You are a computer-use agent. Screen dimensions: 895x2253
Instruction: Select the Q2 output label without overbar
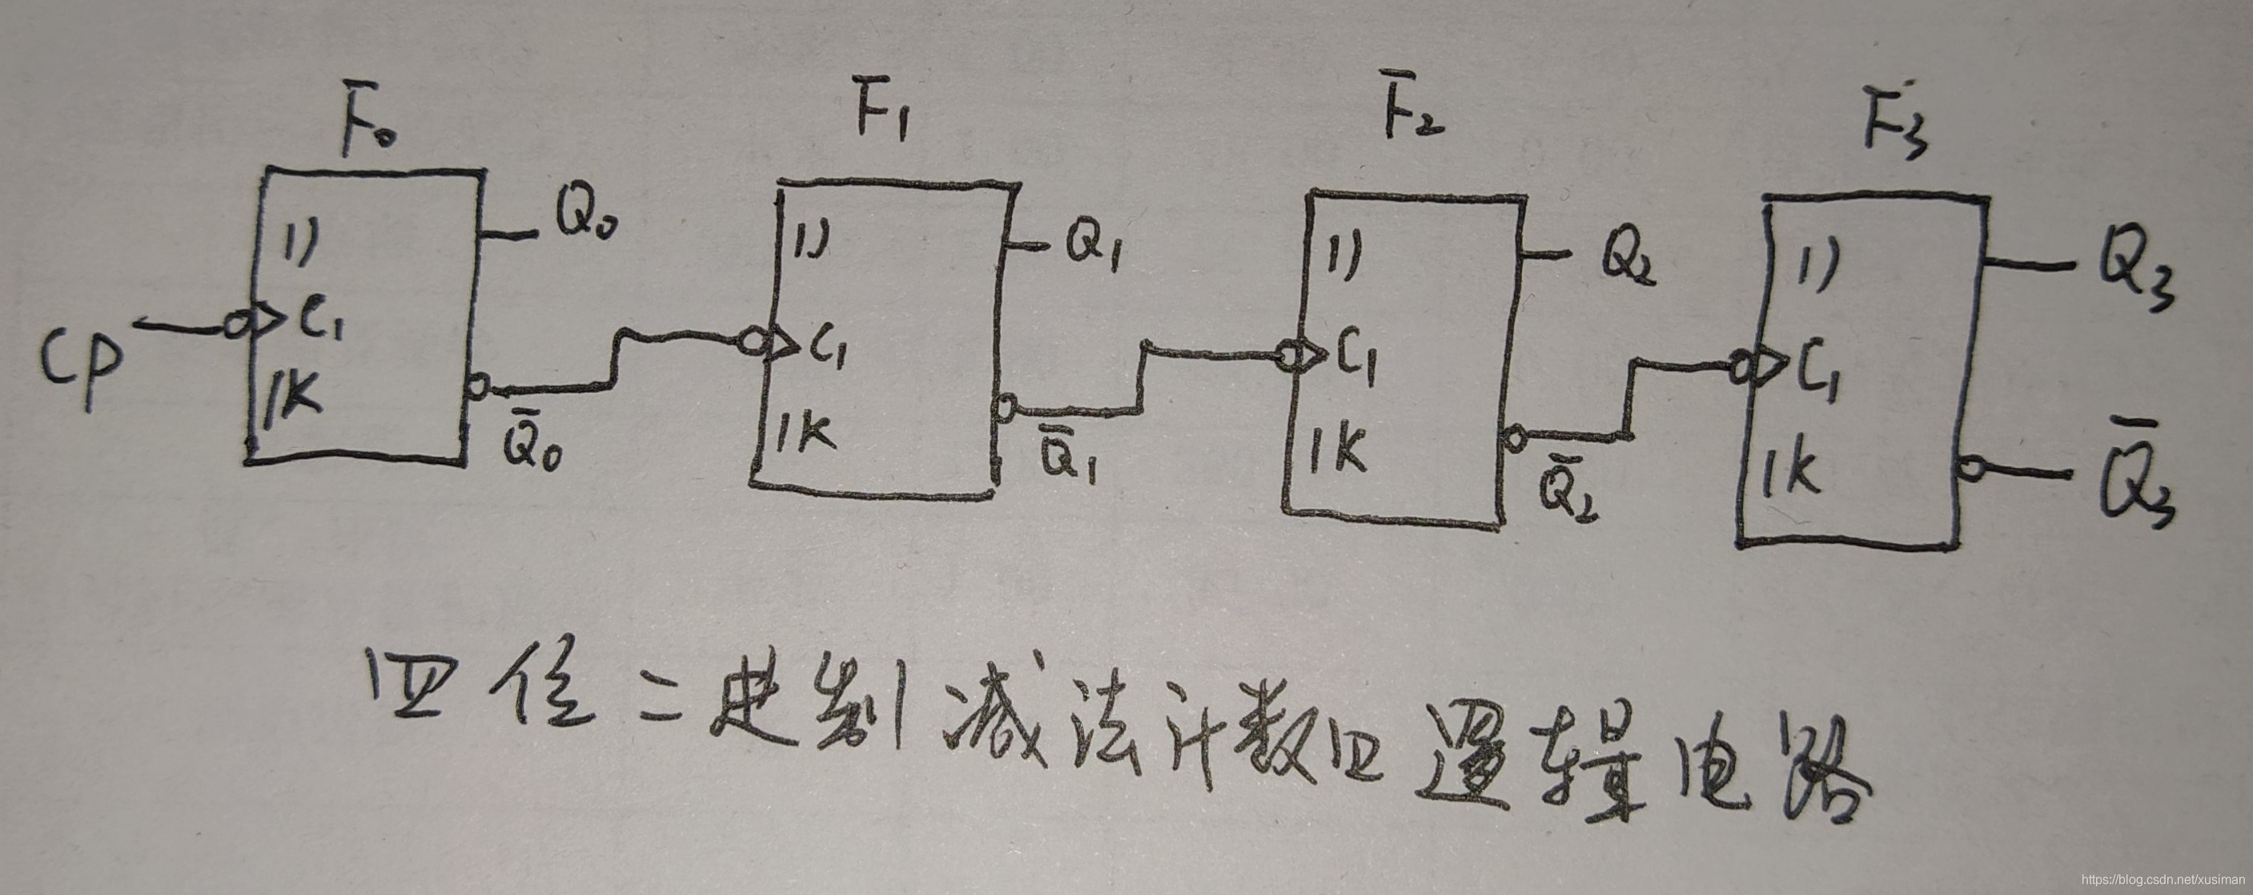(1627, 259)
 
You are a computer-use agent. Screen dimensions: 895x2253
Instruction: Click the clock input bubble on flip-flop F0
(235, 325)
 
